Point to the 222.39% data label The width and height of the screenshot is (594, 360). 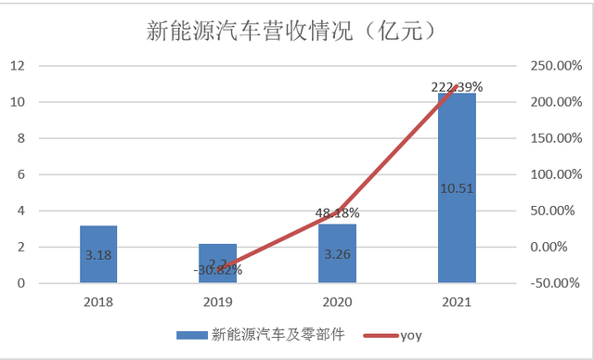pos(457,87)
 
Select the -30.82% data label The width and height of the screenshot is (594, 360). pos(218,271)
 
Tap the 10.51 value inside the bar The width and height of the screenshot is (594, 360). pos(457,187)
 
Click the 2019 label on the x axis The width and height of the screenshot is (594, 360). pos(218,302)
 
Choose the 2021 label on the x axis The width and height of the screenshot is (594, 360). pos(457,302)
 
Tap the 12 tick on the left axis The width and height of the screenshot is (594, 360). pos(18,66)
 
